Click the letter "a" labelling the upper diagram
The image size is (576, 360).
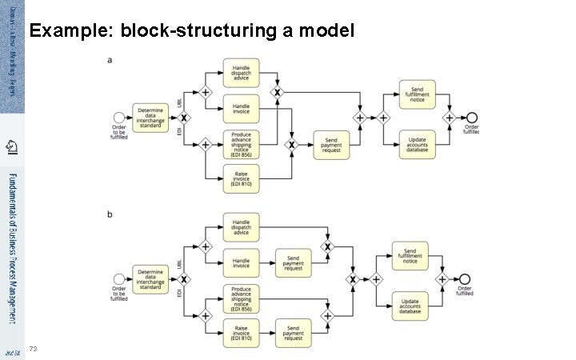pos(110,59)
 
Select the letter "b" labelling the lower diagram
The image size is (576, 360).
pos(110,214)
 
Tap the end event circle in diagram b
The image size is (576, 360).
pos(464,279)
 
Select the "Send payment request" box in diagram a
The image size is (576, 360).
pos(331,144)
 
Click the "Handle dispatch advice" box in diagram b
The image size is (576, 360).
pos(241,227)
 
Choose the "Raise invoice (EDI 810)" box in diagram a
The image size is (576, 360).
pos(241,179)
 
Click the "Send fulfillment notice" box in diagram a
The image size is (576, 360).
pos(417,94)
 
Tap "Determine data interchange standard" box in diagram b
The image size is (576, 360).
pos(150,279)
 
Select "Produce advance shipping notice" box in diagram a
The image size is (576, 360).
pos(241,144)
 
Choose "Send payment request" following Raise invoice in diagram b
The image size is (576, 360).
pos(294,332)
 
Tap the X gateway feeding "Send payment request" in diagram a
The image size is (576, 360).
pos(292,144)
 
